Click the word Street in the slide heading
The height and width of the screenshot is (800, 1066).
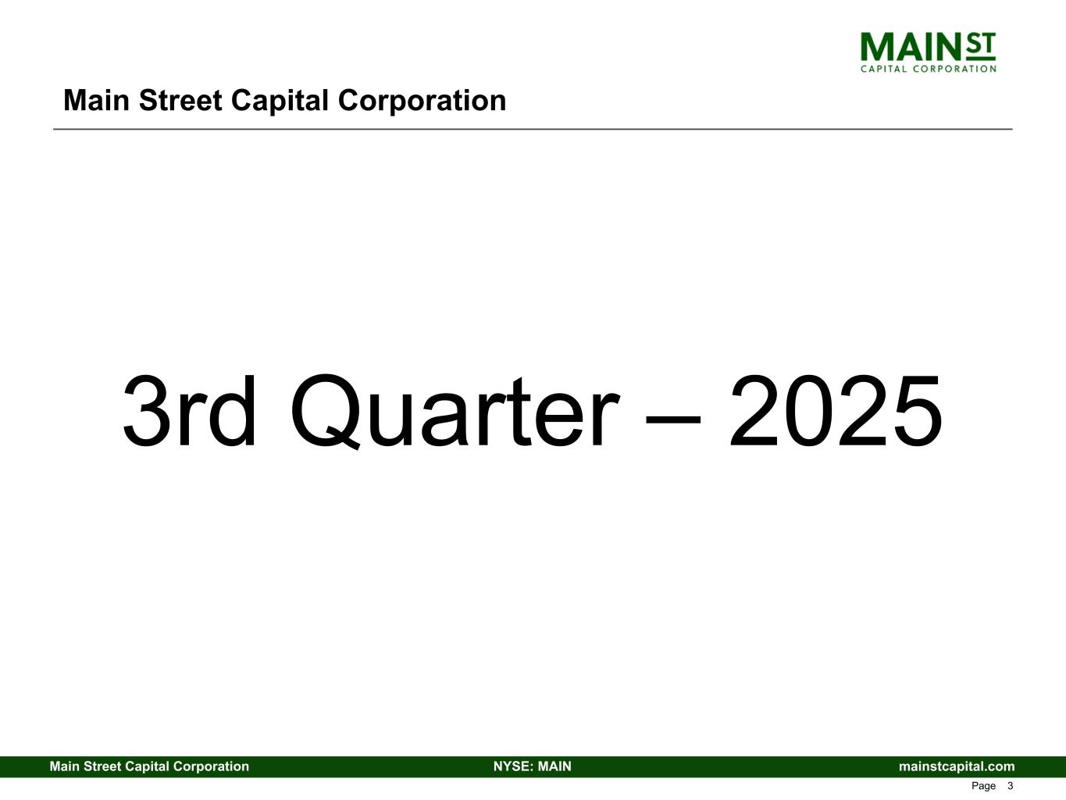click(x=180, y=101)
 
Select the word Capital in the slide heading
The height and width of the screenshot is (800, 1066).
click(x=280, y=102)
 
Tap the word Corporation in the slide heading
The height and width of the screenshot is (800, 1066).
click(x=422, y=102)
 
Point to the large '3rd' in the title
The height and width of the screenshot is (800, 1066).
click(x=189, y=411)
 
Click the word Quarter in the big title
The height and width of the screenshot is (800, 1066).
click(x=455, y=412)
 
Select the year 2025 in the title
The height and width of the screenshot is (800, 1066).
click(x=836, y=411)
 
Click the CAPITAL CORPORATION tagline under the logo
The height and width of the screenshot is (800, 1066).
click(x=928, y=69)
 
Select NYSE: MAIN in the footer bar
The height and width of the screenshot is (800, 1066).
click(x=533, y=766)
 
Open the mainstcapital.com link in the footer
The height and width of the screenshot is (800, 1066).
click(x=957, y=767)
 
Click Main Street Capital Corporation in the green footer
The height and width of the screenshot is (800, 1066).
click(x=149, y=767)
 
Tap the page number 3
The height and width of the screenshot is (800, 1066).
click(x=1010, y=786)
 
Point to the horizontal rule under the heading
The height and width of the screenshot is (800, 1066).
click(x=533, y=129)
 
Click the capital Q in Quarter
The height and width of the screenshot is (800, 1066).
click(x=326, y=412)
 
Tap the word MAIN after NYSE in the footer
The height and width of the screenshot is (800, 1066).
click(x=554, y=766)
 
